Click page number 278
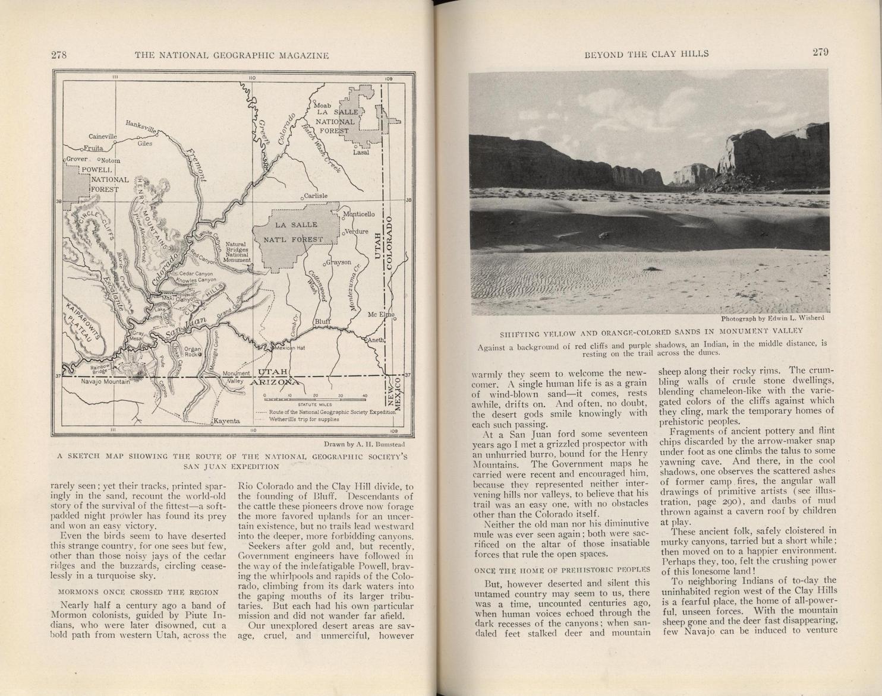(59, 55)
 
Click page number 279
(820, 52)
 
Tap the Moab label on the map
(322, 106)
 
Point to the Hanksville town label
(141, 126)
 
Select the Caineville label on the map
(103, 137)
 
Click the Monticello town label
(359, 214)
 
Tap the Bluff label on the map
(323, 321)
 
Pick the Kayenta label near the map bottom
(227, 421)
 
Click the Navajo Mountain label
(105, 382)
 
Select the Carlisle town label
(316, 195)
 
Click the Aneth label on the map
(376, 340)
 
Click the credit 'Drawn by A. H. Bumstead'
(364, 444)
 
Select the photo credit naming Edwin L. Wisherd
(772, 318)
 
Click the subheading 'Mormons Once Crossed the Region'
(138, 592)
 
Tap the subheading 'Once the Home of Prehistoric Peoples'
(562, 570)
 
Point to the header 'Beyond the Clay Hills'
(647, 54)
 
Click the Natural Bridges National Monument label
(237, 252)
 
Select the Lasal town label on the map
(361, 152)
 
